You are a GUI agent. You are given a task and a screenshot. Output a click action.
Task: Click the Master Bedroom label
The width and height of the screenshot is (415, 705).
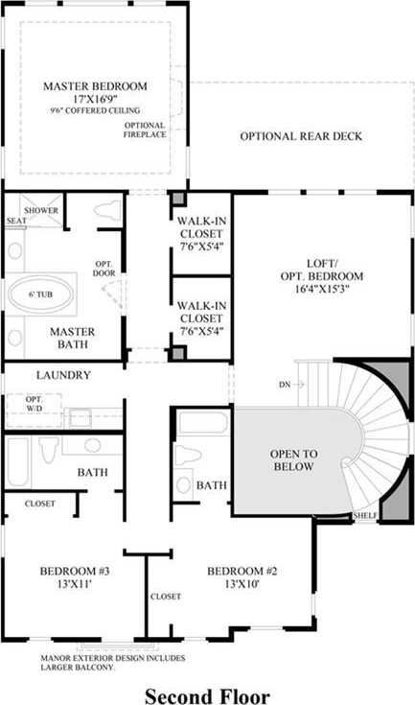(95, 86)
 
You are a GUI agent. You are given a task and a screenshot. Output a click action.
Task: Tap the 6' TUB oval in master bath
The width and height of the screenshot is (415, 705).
(41, 294)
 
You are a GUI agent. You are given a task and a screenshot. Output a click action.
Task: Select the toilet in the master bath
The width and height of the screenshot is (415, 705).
(107, 210)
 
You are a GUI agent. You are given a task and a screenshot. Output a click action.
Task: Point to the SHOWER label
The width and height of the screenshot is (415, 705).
(41, 210)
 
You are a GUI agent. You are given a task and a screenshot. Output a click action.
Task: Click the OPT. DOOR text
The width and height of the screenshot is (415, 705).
(105, 268)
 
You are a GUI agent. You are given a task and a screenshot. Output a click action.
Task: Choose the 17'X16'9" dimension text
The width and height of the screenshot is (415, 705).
(95, 100)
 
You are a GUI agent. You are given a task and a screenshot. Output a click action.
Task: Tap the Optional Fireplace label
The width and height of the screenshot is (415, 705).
(145, 129)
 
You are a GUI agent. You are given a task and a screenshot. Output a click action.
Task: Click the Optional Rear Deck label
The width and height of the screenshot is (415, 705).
(301, 136)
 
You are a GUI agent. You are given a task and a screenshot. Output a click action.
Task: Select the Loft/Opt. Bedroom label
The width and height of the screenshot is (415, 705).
(322, 276)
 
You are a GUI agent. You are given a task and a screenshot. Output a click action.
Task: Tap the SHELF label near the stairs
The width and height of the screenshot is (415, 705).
(365, 515)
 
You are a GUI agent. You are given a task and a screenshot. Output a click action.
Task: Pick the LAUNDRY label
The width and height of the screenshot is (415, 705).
(63, 375)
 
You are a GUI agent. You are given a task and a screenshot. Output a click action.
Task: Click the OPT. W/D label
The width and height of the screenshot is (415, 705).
(34, 404)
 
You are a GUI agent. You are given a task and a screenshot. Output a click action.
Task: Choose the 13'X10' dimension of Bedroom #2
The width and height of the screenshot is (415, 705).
(242, 584)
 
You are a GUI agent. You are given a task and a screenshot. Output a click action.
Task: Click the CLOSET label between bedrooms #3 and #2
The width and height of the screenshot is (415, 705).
(165, 597)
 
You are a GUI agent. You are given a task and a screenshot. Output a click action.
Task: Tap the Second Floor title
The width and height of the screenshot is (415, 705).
(207, 695)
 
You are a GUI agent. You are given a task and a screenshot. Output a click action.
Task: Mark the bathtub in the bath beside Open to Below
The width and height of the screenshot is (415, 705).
(203, 423)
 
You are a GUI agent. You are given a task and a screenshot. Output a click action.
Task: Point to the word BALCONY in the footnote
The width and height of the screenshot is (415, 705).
(93, 668)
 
